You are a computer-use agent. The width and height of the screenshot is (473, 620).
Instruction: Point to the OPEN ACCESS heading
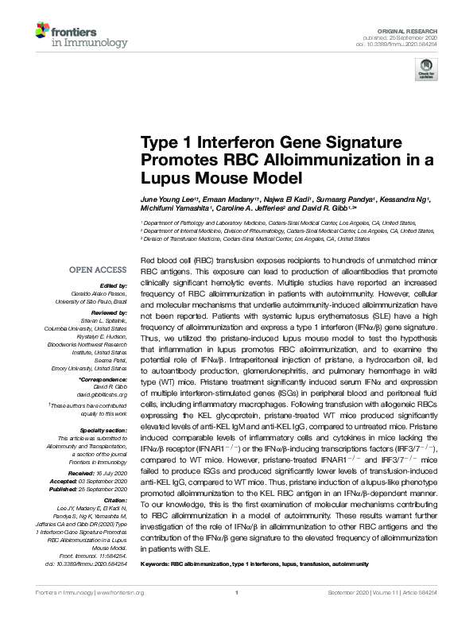pos(97,269)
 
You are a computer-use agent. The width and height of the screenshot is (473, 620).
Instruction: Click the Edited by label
pos(111,285)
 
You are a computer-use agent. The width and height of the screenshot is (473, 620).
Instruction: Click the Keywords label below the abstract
pos(157,564)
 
